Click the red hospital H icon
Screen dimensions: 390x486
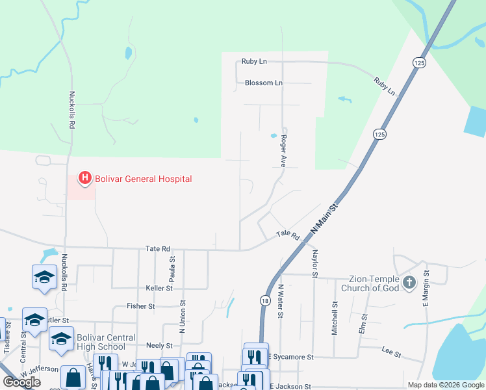pyautogui.click(x=84, y=177)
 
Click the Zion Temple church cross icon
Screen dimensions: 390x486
pyautogui.click(x=409, y=282)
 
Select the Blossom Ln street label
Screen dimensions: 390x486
pyautogui.click(x=264, y=83)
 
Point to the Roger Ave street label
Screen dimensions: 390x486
pyautogui.click(x=283, y=150)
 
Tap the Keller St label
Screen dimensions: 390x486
pyautogui.click(x=159, y=288)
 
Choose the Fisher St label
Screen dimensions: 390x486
pyautogui.click(x=141, y=305)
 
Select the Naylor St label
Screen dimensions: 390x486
pyautogui.click(x=314, y=263)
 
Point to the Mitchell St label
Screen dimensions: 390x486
pyautogui.click(x=335, y=317)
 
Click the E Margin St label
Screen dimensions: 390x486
pyautogui.click(x=426, y=287)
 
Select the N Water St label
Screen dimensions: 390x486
pyautogui.click(x=281, y=302)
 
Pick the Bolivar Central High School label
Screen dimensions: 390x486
pyautogui.click(x=106, y=342)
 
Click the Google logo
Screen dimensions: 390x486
pyautogui.click(x=21, y=382)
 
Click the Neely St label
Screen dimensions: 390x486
pyautogui.click(x=159, y=346)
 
